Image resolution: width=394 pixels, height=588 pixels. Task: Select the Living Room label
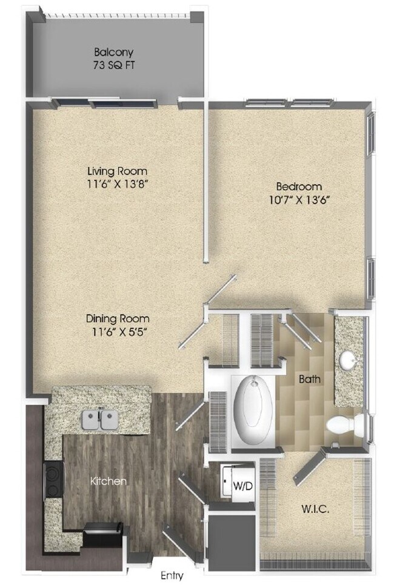pyautogui.click(x=116, y=171)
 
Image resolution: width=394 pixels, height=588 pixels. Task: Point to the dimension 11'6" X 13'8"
pyautogui.click(x=116, y=184)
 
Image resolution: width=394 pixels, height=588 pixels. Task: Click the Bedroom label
pyautogui.click(x=299, y=186)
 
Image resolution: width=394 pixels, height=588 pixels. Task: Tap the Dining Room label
pyautogui.click(x=117, y=318)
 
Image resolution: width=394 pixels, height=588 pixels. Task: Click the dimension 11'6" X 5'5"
pyautogui.click(x=117, y=331)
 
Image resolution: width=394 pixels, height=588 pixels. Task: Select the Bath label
pyautogui.click(x=310, y=380)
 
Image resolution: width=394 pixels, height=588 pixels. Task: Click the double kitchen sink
pyautogui.click(x=101, y=419)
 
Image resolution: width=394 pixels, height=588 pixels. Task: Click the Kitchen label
pyautogui.click(x=109, y=481)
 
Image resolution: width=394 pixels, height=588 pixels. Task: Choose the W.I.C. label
pyautogui.click(x=315, y=509)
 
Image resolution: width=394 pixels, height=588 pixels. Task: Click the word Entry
pyautogui.click(x=172, y=576)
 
